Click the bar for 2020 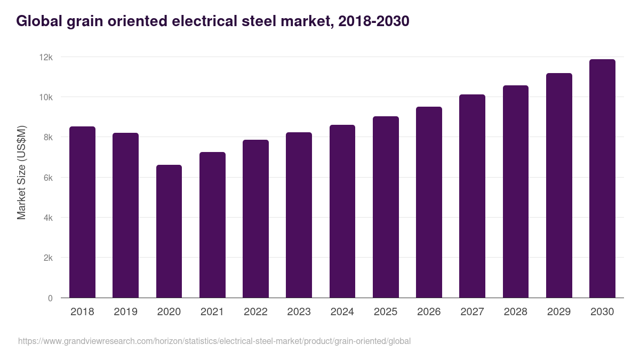pyautogui.click(x=169, y=231)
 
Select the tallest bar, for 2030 pyautogui.click(x=602, y=179)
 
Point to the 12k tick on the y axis pyautogui.click(x=46, y=57)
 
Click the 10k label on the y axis pyautogui.click(x=46, y=97)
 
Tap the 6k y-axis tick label pyautogui.click(x=48, y=178)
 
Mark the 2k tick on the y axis pyautogui.click(x=48, y=258)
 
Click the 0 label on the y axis pyautogui.click(x=50, y=298)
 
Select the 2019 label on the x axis pyautogui.click(x=125, y=312)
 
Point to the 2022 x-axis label pyautogui.click(x=255, y=312)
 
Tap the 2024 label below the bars pyautogui.click(x=342, y=312)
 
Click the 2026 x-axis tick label pyautogui.click(x=429, y=312)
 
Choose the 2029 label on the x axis pyautogui.click(x=559, y=312)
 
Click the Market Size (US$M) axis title pyautogui.click(x=21, y=172)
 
